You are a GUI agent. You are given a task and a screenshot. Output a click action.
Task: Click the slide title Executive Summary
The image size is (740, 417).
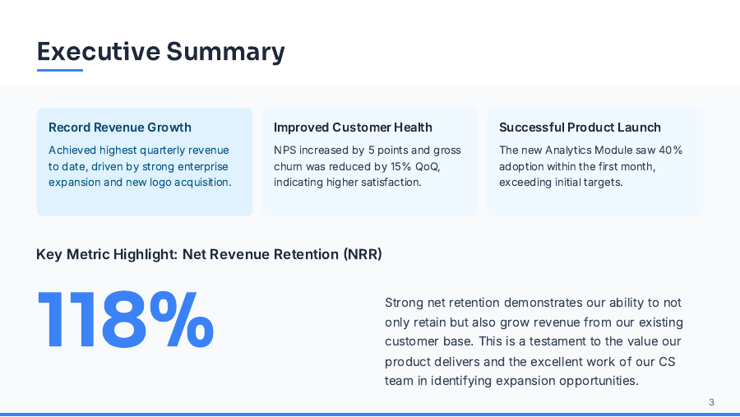point(161,51)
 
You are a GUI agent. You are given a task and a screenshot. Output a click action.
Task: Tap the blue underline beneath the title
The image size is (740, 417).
point(60,70)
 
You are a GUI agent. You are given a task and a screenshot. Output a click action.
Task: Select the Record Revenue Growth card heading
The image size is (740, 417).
point(120,127)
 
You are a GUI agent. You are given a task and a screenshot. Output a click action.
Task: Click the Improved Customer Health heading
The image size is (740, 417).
point(353,127)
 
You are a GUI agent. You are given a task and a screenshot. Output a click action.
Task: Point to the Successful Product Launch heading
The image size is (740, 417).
point(580,127)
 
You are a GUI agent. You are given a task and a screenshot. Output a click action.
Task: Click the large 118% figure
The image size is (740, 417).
point(126,321)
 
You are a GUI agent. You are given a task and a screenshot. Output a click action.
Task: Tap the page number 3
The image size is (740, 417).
point(711,402)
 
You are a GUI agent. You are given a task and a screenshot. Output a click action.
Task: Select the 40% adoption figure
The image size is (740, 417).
point(670,151)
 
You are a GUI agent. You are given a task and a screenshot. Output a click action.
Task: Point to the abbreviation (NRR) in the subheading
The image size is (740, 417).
point(363,255)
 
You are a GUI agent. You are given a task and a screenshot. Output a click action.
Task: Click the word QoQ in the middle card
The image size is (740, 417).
point(426,166)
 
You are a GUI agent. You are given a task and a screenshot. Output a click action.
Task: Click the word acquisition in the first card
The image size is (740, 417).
point(201,182)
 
